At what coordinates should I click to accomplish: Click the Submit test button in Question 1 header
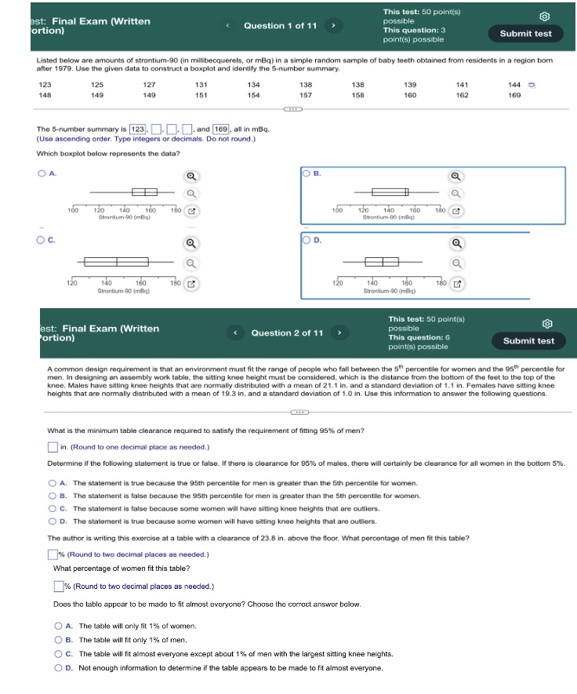pos(525,34)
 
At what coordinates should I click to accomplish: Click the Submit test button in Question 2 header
pos(528,340)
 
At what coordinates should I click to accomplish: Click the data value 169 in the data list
pos(514,95)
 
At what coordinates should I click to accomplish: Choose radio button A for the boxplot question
pos(41,173)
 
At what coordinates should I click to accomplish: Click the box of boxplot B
pos(385,192)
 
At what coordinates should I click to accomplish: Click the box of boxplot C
pos(116,261)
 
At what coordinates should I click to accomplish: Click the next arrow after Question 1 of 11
pos(332,26)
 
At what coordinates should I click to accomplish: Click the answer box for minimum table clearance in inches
pos(53,447)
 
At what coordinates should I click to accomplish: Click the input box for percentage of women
pos(58,587)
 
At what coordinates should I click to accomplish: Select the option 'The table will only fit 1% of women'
pos(59,626)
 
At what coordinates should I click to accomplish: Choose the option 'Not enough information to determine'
pos(59,668)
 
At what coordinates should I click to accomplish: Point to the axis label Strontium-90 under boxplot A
pos(118,216)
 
